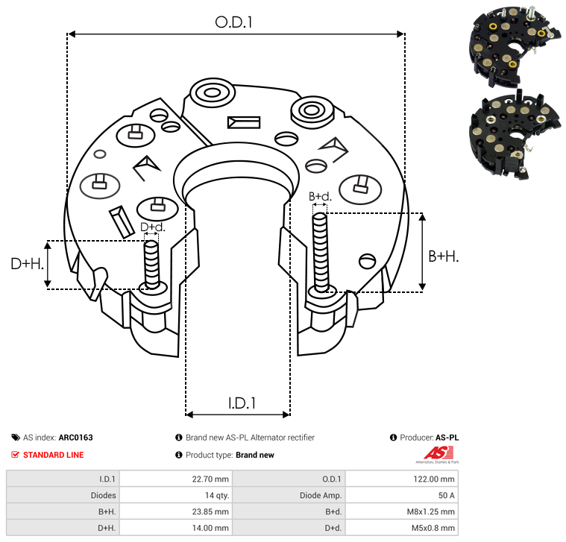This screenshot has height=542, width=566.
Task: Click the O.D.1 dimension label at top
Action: click(x=234, y=23)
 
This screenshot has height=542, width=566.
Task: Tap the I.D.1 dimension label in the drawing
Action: click(x=242, y=403)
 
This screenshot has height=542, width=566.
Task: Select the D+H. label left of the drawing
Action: click(x=28, y=263)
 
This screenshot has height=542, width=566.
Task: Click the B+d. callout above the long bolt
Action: click(x=319, y=197)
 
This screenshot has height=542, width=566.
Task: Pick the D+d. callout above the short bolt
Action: click(x=152, y=227)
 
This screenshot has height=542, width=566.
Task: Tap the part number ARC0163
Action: click(x=75, y=438)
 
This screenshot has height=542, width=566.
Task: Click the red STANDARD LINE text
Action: click(x=53, y=455)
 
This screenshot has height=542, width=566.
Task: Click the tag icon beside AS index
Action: click(x=16, y=438)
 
